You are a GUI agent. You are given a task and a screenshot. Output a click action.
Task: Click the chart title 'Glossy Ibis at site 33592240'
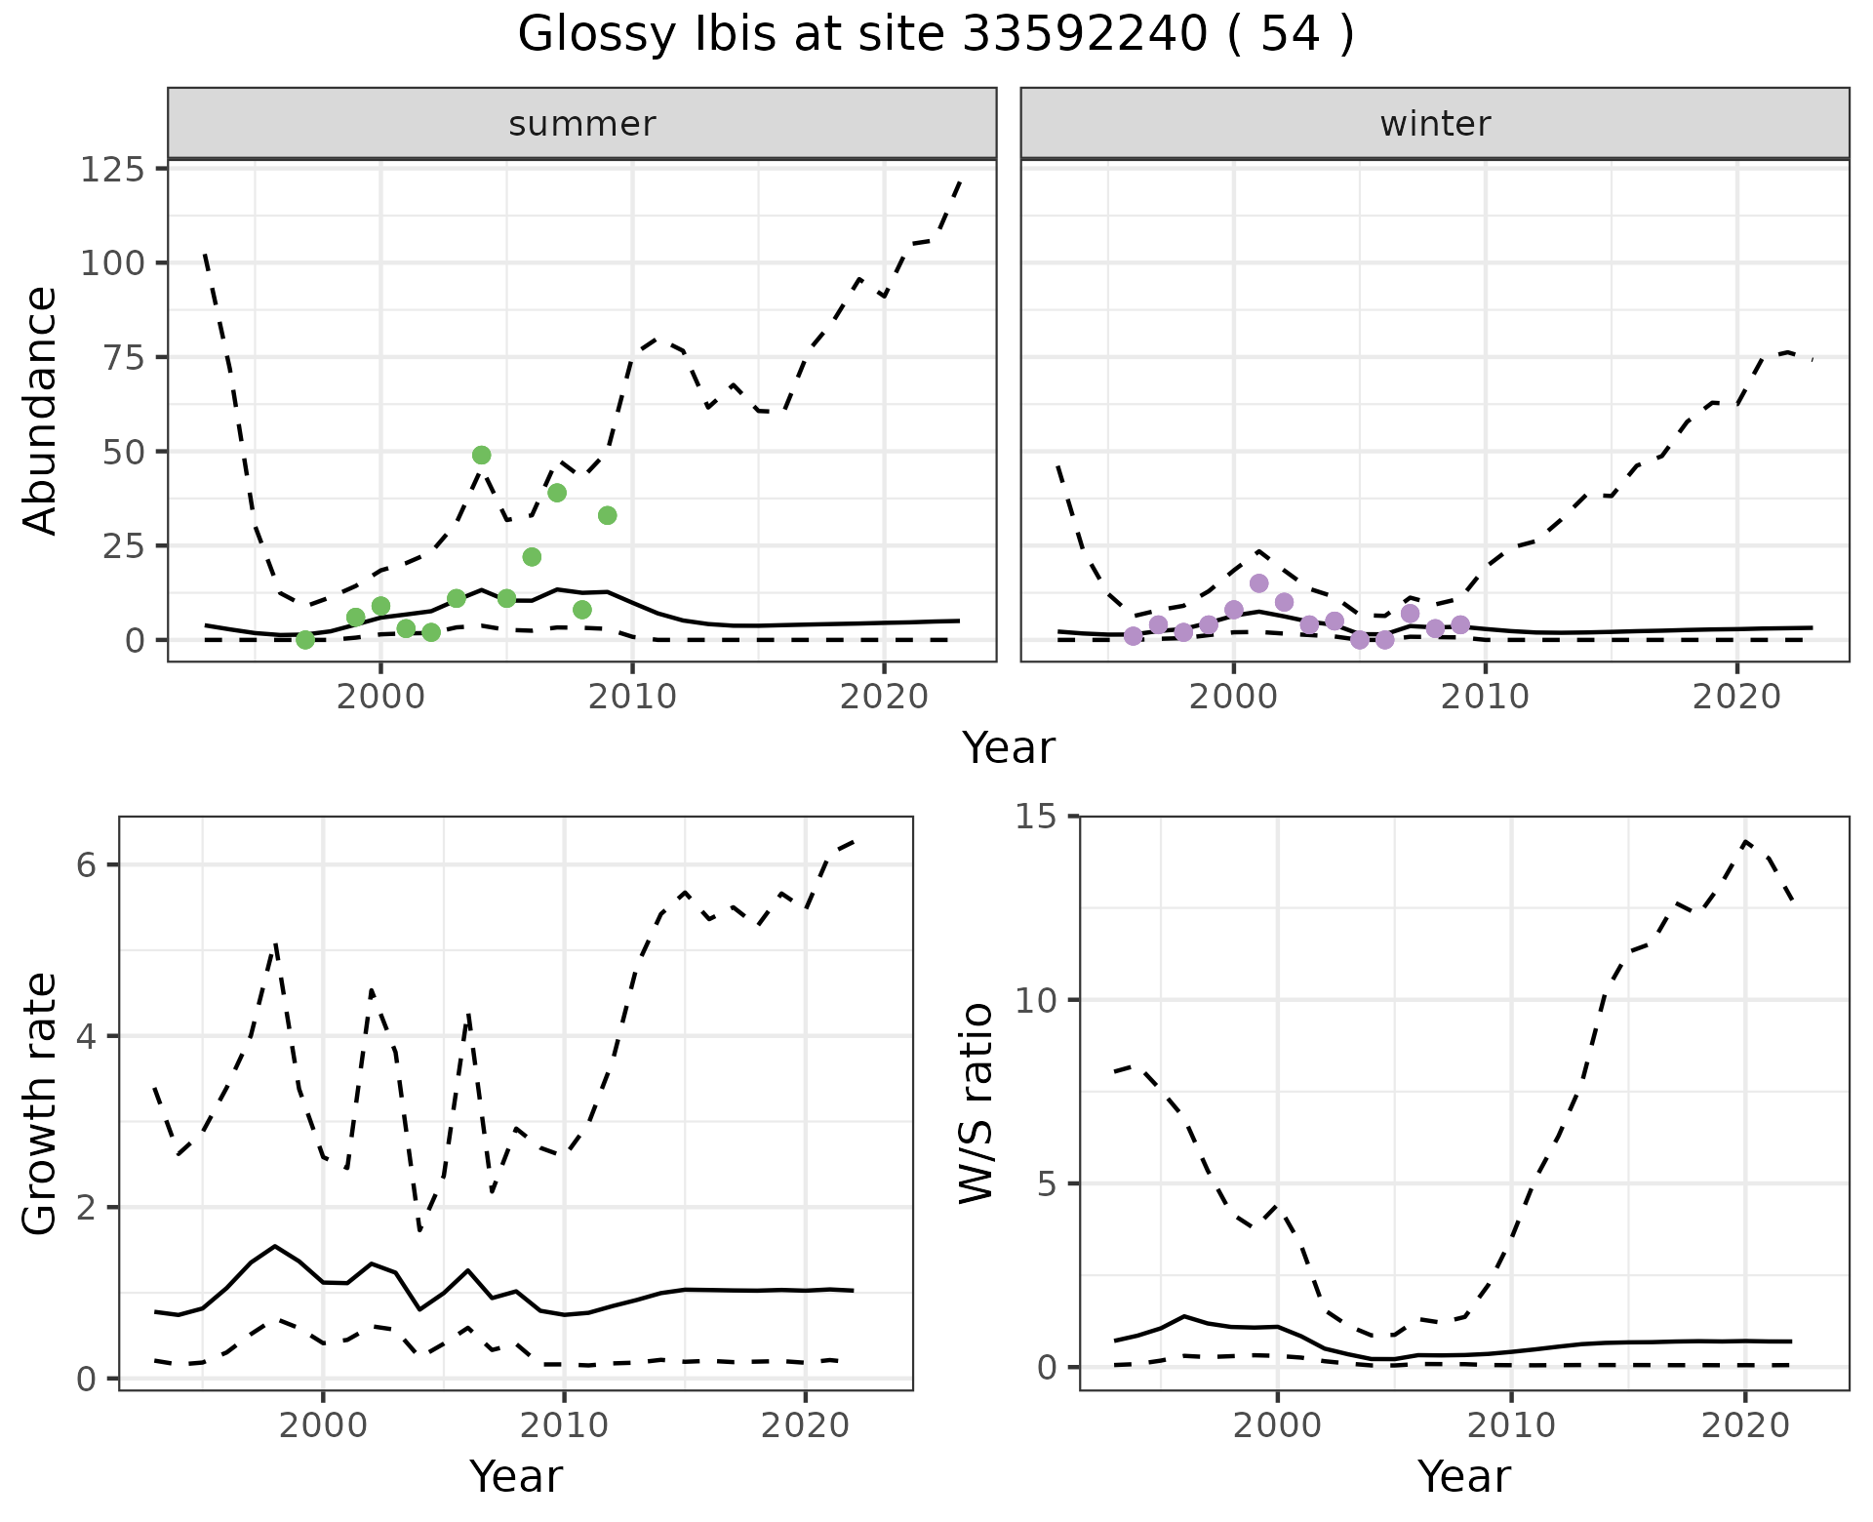[936, 36]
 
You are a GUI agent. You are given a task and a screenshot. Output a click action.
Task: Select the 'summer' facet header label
[581, 124]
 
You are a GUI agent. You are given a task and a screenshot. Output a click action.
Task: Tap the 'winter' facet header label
[1434, 124]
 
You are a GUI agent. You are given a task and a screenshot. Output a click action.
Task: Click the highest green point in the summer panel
[481, 456]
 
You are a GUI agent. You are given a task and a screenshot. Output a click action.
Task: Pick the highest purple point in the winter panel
[1258, 583]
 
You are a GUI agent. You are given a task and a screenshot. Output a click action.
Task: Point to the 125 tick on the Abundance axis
[111, 170]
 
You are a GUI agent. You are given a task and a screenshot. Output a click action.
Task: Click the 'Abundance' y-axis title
[40, 410]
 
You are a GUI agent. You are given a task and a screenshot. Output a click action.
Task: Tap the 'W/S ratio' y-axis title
[976, 1102]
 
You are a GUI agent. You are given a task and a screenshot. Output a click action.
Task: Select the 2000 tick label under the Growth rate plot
[323, 1425]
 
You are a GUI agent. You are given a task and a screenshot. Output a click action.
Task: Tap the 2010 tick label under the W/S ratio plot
[1510, 1425]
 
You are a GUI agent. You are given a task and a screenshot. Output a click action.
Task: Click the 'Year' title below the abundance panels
[1009, 748]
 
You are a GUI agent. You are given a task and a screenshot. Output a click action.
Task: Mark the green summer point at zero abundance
[305, 640]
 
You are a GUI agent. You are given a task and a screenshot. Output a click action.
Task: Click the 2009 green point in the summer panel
[607, 515]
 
